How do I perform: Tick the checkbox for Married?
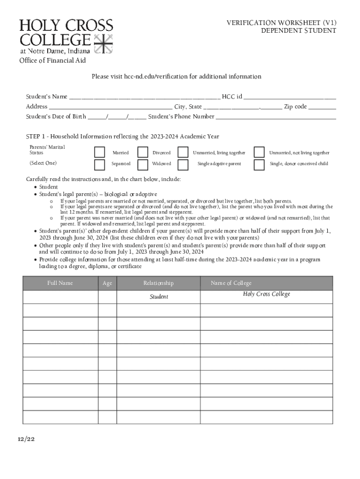(x=100, y=152)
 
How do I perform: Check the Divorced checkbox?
(x=143, y=152)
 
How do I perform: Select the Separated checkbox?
(x=100, y=164)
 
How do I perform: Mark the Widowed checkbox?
(x=143, y=164)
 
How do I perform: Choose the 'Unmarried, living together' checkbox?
(x=183, y=152)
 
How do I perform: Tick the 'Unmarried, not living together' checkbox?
(x=259, y=152)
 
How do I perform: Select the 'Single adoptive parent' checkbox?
(x=183, y=164)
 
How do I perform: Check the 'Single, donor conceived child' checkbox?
(x=259, y=164)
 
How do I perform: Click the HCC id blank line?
(x=289, y=97)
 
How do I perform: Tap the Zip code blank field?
(x=322, y=107)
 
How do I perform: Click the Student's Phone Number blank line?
(x=276, y=117)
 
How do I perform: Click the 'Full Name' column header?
(x=60, y=283)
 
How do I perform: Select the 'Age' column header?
(x=107, y=283)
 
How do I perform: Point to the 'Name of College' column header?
(x=231, y=283)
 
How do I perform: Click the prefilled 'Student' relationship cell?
(x=158, y=297)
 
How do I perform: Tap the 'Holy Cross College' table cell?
(x=266, y=294)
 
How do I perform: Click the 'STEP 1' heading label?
(x=36, y=137)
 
